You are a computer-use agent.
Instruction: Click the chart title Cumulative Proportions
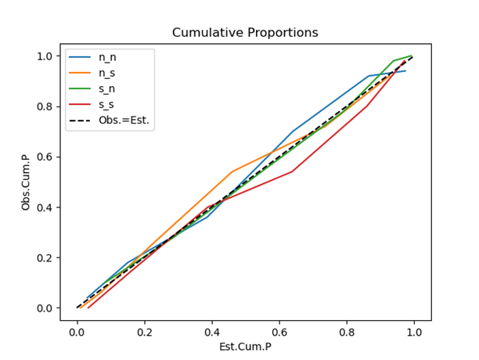(x=245, y=32)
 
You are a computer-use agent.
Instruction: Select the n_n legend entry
(x=108, y=58)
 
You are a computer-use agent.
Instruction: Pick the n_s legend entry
(x=108, y=74)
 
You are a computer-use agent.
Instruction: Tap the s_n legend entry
(x=108, y=89)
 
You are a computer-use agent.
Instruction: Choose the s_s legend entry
(x=108, y=105)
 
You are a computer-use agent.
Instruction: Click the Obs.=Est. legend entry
(x=123, y=121)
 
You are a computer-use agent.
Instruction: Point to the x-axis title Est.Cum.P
(x=245, y=346)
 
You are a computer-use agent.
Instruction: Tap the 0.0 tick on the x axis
(x=77, y=331)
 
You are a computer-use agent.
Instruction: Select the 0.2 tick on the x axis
(x=144, y=331)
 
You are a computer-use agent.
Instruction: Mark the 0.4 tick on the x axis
(x=211, y=331)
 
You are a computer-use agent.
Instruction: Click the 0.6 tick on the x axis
(x=279, y=331)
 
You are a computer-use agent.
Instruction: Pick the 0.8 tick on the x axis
(x=346, y=331)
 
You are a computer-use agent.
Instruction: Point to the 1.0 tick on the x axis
(x=413, y=331)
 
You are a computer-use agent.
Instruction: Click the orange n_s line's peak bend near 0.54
(x=232, y=171)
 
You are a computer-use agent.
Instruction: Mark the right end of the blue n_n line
(x=405, y=71)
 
